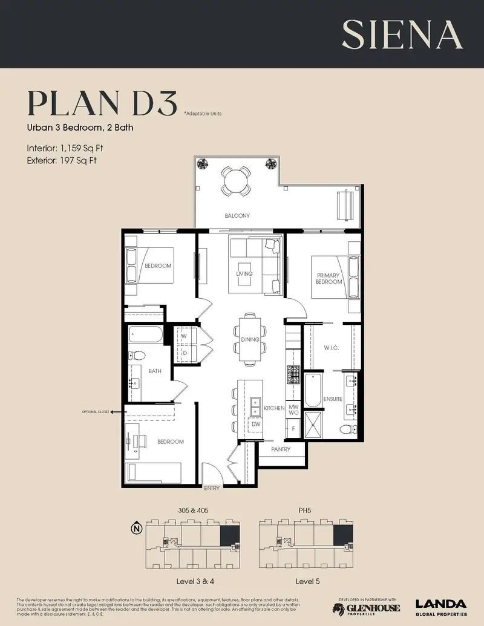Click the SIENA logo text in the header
pos(402,34)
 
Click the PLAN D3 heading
pos(102,105)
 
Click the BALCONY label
pos(237,216)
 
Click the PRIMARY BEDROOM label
pos(329,278)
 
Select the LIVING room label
pos(244,274)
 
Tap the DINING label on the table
pos(250,340)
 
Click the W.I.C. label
pos(331,347)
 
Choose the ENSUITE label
pos(333,399)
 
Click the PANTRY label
pos(281,449)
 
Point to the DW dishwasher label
pos(256,425)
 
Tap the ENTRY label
pos(212,487)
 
